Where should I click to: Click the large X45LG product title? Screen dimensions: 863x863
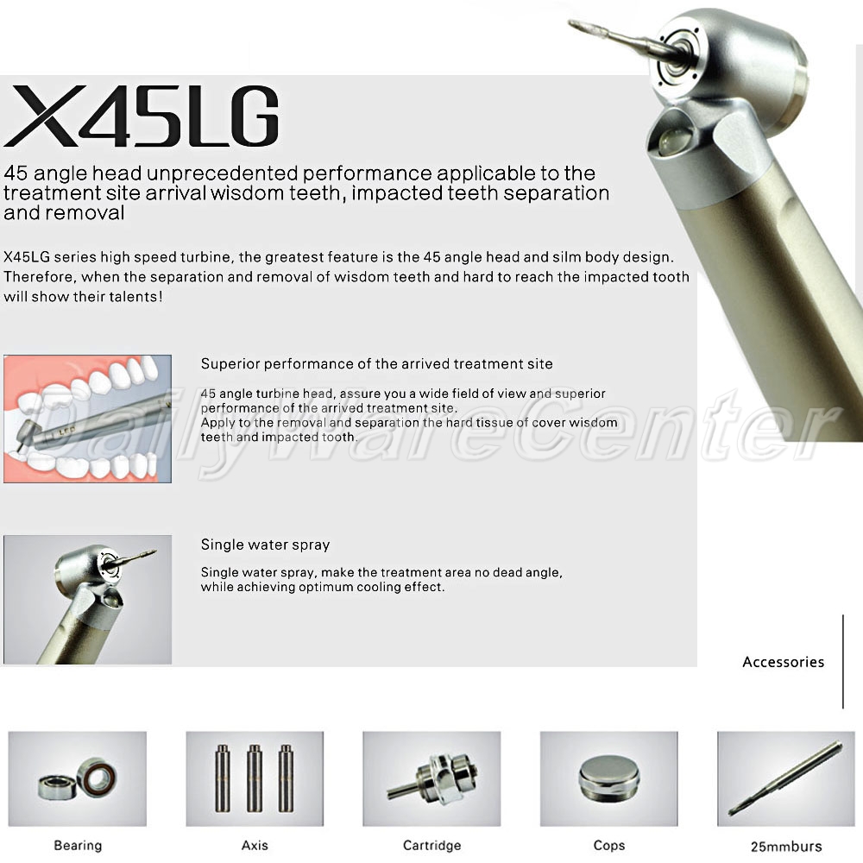coord(142,116)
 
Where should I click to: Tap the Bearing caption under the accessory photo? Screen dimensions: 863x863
coord(78,846)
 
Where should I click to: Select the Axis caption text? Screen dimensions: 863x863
coord(255,845)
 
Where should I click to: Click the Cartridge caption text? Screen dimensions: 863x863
coord(432,845)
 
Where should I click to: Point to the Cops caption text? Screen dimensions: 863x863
coord(609,846)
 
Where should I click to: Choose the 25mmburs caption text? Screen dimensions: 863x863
coord(786,846)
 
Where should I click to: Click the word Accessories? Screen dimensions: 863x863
coord(784,662)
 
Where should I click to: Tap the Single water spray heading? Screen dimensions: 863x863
coord(265,545)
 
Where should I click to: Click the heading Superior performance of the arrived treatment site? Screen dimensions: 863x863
coord(376,364)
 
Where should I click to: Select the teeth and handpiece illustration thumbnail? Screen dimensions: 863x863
coord(87,419)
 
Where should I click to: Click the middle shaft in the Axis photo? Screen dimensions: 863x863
coord(255,778)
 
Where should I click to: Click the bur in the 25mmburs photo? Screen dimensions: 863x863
coord(785,778)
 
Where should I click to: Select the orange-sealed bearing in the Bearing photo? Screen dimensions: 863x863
coord(98,778)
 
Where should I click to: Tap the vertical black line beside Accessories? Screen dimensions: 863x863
coord(842,662)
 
